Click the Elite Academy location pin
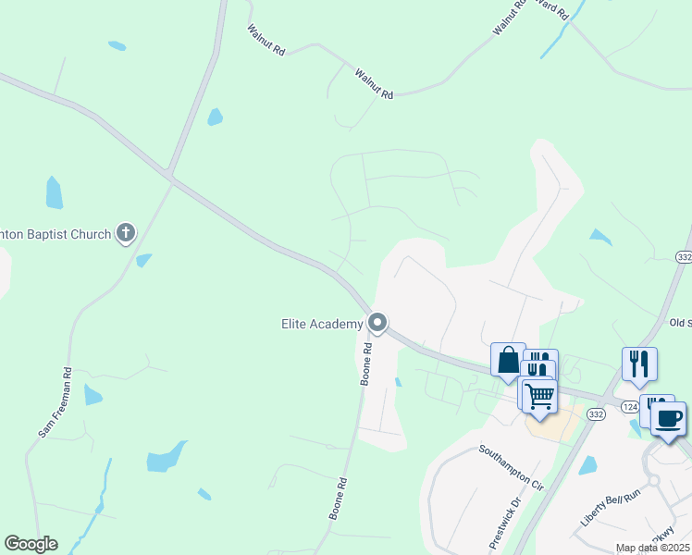coord(377,323)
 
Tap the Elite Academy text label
coord(322,324)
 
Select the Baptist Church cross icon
coord(126,233)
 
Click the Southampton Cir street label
coord(512,465)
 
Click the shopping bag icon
coord(508,360)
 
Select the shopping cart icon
coord(538,396)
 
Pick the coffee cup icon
coord(668,418)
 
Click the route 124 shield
coord(630,407)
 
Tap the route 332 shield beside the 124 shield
coord(596,415)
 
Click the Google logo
coord(31,544)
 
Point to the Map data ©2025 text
coord(653,548)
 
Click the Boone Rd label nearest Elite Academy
coord(367,364)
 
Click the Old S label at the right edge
coord(680,323)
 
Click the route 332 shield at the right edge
coord(685,255)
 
